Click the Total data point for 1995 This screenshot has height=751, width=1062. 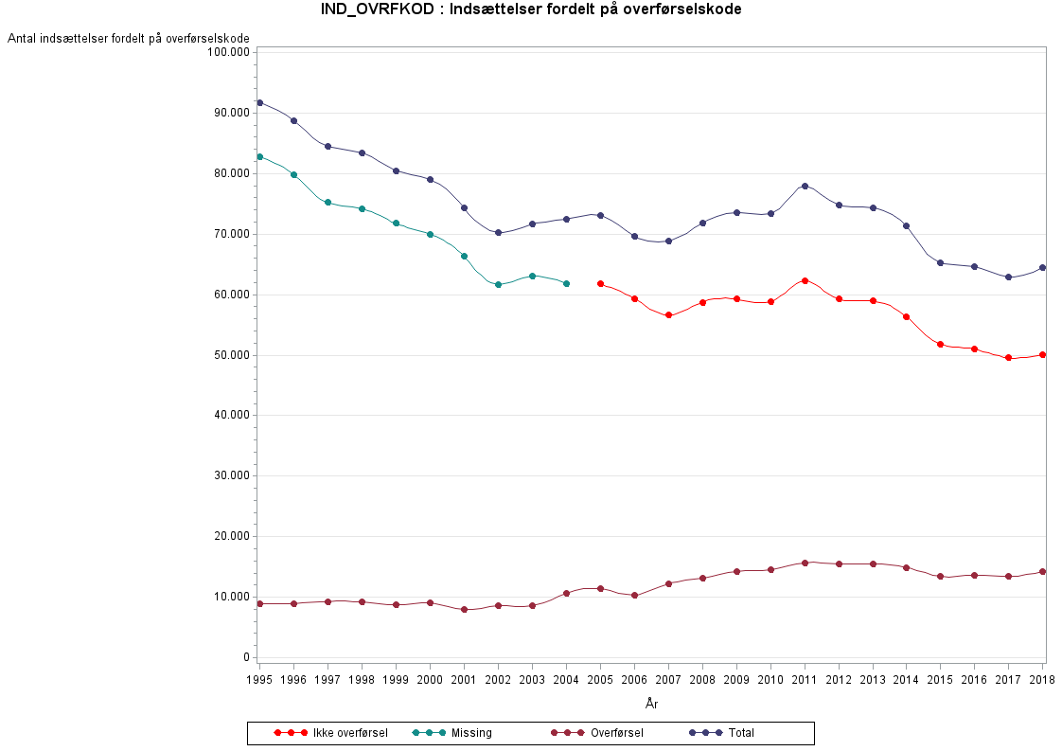tap(259, 102)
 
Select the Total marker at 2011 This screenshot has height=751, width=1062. tap(805, 186)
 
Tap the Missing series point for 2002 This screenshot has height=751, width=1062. tap(498, 284)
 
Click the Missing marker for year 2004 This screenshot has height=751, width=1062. tap(566, 283)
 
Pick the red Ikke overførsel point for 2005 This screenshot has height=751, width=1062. tap(600, 283)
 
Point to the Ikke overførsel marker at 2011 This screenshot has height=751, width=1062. tap(805, 280)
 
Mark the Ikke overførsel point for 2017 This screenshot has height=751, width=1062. tap(1009, 358)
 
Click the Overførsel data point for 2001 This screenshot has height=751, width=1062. tap(464, 610)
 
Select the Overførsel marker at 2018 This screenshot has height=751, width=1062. tap(1043, 571)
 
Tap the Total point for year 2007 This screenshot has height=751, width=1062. tap(668, 241)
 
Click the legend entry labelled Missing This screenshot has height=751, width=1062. tap(471, 733)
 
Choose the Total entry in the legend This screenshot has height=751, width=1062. tap(741, 733)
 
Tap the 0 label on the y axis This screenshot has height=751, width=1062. tap(245, 657)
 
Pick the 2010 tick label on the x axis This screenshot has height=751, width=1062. tap(770, 680)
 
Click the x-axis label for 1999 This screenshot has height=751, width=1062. tap(396, 680)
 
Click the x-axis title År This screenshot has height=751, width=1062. tap(651, 704)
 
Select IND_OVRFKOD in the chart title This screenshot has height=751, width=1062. tap(373, 9)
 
